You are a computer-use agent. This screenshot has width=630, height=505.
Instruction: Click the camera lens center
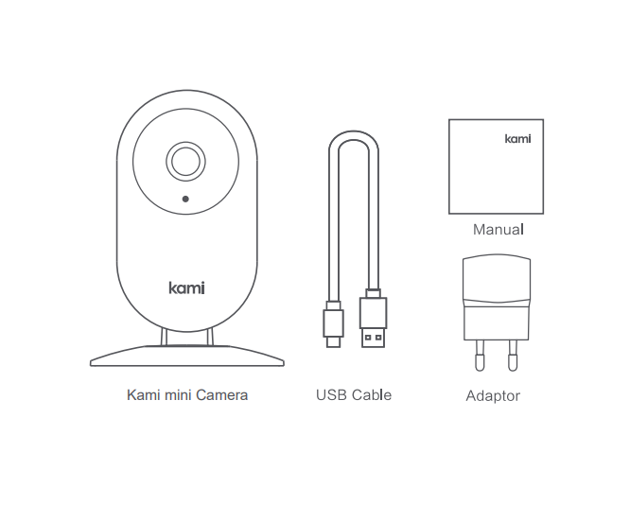pos(185,161)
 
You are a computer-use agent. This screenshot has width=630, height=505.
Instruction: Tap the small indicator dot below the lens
pos(185,199)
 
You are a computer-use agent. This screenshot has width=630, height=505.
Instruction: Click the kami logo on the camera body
pos(187,288)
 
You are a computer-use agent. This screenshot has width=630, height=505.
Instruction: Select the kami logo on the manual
pos(517,139)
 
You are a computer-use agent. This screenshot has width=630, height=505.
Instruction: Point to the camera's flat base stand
pos(187,356)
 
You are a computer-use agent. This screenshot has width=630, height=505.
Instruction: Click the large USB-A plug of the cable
pos(374,318)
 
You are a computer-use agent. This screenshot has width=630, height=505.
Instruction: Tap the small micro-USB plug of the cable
pos(334,324)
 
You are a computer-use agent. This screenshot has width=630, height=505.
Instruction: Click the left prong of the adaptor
pos(480,356)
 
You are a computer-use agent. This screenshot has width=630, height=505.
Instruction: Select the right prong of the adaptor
pos(513,356)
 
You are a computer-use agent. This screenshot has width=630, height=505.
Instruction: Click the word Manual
pos(499,230)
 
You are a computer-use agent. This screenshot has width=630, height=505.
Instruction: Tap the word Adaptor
pos(493,396)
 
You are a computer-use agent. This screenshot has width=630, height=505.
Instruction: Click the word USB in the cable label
pos(331,395)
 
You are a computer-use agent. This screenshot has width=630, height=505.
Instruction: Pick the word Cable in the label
pos(372,395)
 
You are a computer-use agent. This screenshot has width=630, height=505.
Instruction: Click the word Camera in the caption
pos(221,395)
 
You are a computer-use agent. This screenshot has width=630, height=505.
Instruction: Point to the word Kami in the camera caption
pos(144,395)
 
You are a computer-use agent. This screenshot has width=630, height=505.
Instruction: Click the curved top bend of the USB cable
pos(354,135)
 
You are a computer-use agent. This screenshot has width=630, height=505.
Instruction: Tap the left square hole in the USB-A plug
pos(368,338)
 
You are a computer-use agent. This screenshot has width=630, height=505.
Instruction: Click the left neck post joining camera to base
pos(164,337)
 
